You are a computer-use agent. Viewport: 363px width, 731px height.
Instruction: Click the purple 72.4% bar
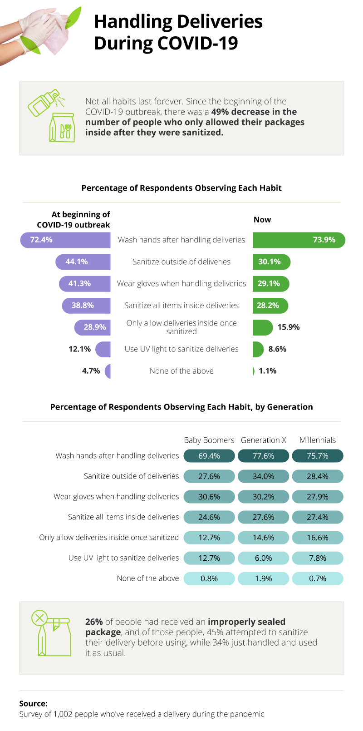point(66,240)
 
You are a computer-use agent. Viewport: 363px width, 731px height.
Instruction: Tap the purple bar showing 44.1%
point(83,262)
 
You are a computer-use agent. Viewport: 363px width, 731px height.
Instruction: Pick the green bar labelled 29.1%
point(270,284)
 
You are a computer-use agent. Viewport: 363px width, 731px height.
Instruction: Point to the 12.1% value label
point(79,349)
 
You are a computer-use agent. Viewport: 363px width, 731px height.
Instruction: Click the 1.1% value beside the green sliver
point(268,371)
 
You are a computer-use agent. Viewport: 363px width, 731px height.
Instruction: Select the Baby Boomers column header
point(209,440)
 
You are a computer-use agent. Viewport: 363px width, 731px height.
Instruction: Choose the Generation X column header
point(264,440)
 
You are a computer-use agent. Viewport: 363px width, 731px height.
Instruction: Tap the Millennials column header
point(318,440)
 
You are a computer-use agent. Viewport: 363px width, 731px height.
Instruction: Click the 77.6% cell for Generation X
point(264,456)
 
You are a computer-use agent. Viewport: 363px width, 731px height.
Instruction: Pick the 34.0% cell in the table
point(264,476)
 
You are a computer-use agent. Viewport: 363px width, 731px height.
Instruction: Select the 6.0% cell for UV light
point(264,558)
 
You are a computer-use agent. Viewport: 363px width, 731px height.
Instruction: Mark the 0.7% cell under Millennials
point(318,578)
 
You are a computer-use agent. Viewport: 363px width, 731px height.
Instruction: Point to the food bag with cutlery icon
point(62,128)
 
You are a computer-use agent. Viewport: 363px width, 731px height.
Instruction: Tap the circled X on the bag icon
point(39,617)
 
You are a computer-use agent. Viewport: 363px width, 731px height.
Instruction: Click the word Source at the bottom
point(33,703)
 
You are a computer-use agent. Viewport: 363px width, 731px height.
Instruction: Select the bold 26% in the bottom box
point(94,622)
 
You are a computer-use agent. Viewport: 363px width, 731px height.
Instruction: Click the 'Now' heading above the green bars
point(262,220)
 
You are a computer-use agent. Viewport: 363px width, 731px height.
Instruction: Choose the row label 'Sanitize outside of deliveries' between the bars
point(181,262)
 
